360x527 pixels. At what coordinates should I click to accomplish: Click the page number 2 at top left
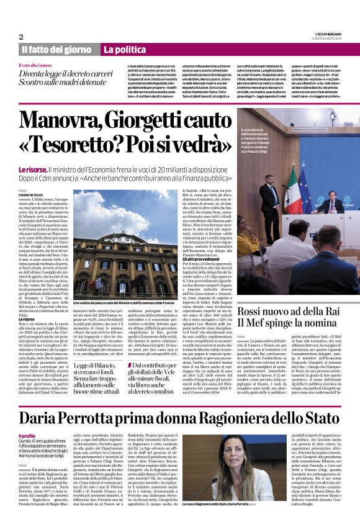click(x=21, y=37)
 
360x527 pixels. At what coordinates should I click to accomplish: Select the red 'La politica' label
click(x=125, y=50)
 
